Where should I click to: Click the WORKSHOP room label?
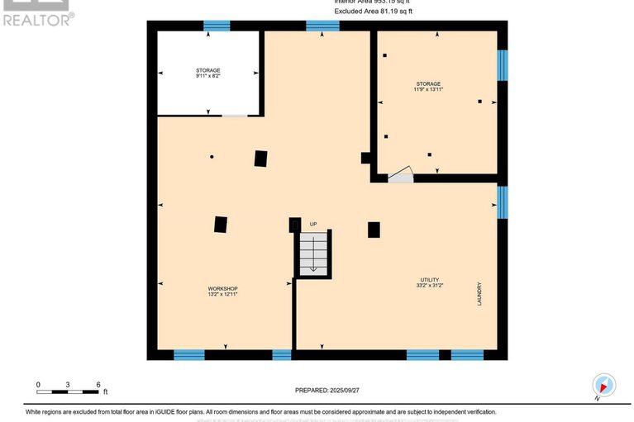tap(222, 288)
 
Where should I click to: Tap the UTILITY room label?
tap(429, 280)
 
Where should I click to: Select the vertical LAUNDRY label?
tap(479, 295)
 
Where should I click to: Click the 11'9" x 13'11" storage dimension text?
tap(428, 90)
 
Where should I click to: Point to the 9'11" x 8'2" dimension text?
tap(207, 77)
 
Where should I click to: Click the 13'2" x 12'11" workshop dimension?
tap(222, 294)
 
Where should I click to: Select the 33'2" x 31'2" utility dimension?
tap(429, 286)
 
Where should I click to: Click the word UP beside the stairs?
tap(313, 224)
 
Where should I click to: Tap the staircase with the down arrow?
tap(313, 252)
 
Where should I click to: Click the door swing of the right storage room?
tap(400, 174)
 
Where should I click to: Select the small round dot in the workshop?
tap(212, 156)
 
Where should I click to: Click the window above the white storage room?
tap(217, 26)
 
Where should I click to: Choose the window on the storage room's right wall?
tap(502, 66)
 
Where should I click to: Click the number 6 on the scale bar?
tap(98, 385)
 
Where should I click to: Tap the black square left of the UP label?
tap(294, 225)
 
